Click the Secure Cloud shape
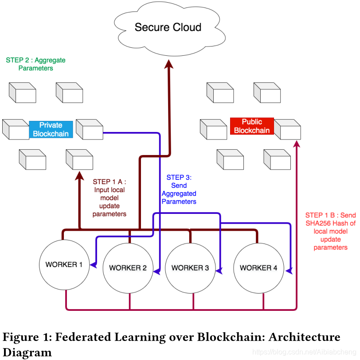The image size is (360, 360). [168, 27]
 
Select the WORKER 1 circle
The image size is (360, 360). [65, 265]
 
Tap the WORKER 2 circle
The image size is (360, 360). [128, 268]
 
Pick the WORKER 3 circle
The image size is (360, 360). [190, 268]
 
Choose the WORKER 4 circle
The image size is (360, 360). [258, 268]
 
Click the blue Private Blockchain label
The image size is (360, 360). [51, 129]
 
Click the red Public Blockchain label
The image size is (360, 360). [252, 126]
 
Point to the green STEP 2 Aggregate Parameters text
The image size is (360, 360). [35, 64]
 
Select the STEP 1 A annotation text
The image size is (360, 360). [110, 197]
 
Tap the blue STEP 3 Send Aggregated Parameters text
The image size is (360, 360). [179, 190]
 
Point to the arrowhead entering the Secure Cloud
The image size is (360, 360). [168, 65]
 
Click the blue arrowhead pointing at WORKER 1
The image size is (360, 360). [94, 265]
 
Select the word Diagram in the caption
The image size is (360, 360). [27, 352]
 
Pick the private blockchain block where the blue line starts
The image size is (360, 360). [89, 129]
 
